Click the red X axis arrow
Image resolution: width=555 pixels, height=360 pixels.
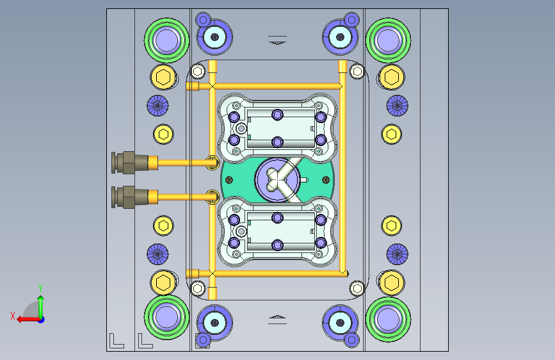coord(28,320)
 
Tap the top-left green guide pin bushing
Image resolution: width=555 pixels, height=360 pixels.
coord(166,40)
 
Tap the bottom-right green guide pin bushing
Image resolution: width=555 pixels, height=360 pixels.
coord(389,319)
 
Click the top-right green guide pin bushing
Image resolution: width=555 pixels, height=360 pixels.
coord(389,40)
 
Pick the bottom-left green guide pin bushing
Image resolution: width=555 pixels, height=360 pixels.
coord(166,318)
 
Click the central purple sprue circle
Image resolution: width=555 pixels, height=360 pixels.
coord(278,179)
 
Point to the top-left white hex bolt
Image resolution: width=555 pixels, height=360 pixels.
coord(198,72)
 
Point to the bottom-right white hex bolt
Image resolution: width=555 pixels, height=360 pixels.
coord(357,288)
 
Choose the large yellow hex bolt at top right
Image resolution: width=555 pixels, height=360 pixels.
coord(392,78)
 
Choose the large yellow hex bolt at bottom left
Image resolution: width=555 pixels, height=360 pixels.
coord(163,282)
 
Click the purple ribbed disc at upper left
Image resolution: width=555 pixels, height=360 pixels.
coord(157,106)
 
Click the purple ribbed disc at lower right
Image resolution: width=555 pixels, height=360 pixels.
coord(397,254)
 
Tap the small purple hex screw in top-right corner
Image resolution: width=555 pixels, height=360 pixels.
coord(351,20)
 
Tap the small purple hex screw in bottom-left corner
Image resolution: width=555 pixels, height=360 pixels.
coord(203,340)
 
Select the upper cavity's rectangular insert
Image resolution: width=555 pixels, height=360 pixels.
coord(280,128)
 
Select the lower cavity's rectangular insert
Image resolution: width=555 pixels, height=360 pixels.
coord(280,231)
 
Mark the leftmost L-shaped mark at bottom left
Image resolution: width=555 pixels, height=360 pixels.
coord(117,341)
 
